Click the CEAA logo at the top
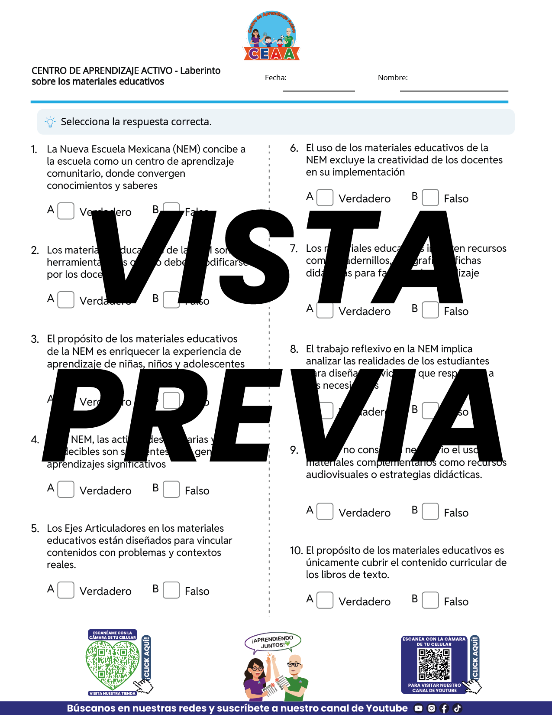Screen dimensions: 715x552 click(272, 37)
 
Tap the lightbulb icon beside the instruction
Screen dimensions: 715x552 click(50, 122)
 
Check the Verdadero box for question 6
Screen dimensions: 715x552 click(325, 198)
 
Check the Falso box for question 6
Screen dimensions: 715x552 click(430, 198)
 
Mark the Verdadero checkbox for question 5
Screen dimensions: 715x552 click(66, 590)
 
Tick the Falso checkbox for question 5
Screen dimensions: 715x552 click(171, 590)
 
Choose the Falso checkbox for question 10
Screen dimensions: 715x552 click(430, 601)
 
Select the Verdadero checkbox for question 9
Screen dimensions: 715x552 click(325, 511)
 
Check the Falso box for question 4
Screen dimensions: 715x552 click(171, 490)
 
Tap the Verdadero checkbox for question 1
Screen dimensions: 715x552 click(66, 211)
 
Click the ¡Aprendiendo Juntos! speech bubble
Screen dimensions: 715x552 click(273, 642)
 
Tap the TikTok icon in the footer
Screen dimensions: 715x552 click(457, 708)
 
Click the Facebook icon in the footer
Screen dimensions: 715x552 click(444, 708)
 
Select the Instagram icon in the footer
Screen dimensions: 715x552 click(431, 708)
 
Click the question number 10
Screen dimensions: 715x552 click(296, 551)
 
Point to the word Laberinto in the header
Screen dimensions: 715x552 click(200, 71)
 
